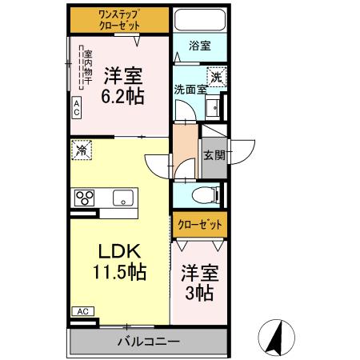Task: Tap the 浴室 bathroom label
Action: (200, 46)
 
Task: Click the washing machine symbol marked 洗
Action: (216, 78)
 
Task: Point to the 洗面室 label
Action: (190, 90)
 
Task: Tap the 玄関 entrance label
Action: (213, 155)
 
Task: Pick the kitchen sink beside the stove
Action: (125, 198)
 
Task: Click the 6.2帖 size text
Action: (122, 94)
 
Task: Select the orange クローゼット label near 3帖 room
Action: (199, 225)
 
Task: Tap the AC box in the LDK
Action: (82, 311)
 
